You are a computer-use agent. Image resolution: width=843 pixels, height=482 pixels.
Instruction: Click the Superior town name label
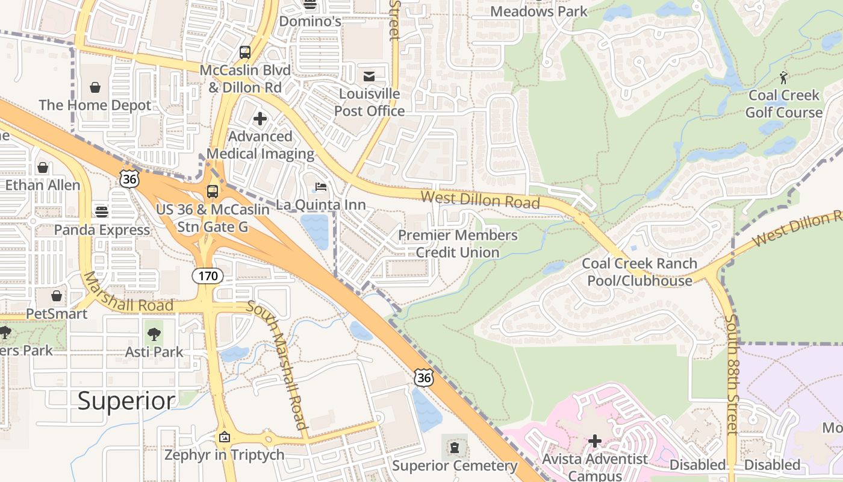click(x=126, y=400)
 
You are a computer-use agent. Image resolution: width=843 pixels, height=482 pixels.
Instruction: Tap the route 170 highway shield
click(x=208, y=277)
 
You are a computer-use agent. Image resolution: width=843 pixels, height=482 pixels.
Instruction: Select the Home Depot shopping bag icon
click(x=95, y=88)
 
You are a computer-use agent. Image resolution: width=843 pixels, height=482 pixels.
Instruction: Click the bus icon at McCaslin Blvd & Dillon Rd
click(x=244, y=52)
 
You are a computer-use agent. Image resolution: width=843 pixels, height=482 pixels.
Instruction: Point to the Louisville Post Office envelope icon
click(x=369, y=77)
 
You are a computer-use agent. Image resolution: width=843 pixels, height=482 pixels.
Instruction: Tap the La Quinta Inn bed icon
click(x=321, y=187)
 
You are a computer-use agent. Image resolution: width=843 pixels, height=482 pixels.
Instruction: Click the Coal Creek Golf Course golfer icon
click(x=783, y=78)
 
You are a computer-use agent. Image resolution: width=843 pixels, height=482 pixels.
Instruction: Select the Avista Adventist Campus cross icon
click(x=595, y=441)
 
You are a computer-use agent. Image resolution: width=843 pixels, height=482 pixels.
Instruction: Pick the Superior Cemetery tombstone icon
click(x=455, y=448)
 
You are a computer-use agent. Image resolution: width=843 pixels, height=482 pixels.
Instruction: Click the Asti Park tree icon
click(x=154, y=334)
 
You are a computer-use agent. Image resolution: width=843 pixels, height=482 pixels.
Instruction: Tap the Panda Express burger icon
click(x=102, y=212)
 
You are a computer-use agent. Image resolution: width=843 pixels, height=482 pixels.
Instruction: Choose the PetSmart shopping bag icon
click(x=57, y=296)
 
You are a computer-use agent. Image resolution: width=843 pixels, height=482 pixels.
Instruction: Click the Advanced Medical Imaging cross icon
click(x=260, y=119)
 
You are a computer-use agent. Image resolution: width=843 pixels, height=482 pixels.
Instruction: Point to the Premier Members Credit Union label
click(x=458, y=243)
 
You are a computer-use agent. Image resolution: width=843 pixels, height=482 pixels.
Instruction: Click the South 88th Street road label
click(x=731, y=374)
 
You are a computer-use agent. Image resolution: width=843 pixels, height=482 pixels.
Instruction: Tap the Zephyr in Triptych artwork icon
click(x=225, y=437)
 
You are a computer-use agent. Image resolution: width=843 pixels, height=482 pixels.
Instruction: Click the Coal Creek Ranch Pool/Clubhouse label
click(x=639, y=272)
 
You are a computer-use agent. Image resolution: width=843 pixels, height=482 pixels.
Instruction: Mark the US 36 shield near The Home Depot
click(x=129, y=178)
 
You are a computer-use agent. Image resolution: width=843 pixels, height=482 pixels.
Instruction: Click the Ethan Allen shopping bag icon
click(x=43, y=167)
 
